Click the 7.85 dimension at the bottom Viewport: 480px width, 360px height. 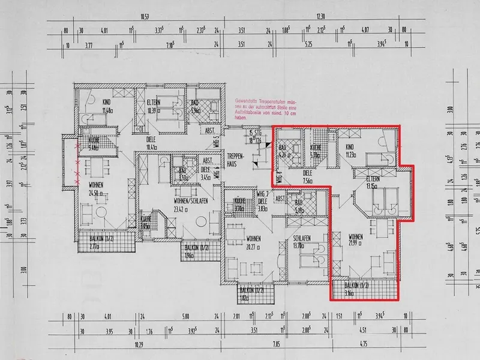point(277,344)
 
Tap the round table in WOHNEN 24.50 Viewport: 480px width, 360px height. point(100,215)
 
